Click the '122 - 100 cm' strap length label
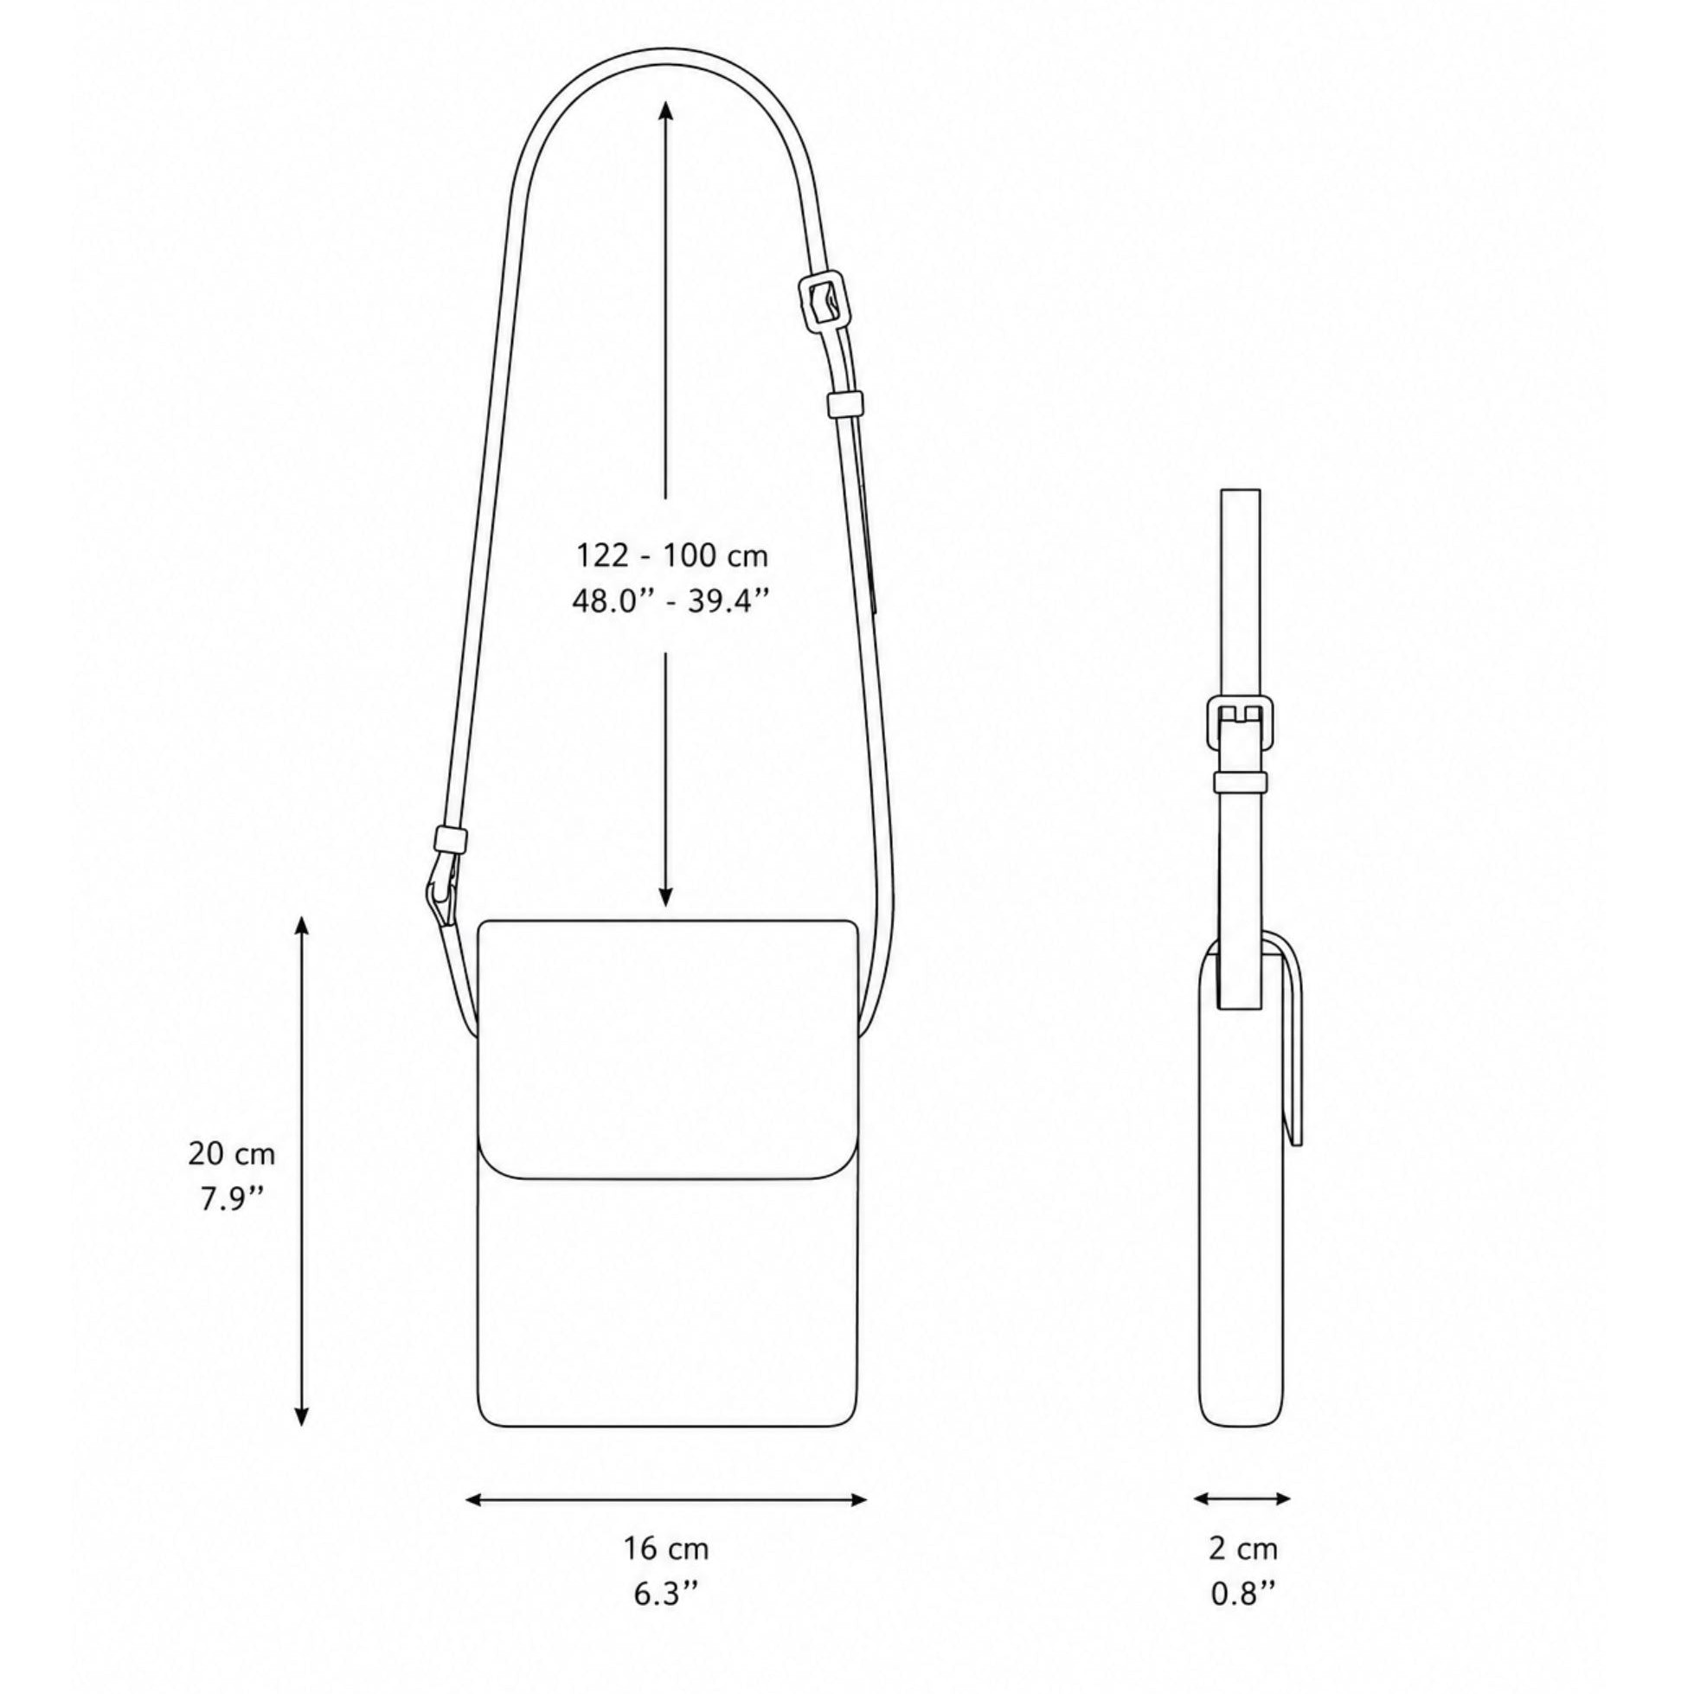tap(671, 555)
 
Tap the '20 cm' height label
tap(232, 1153)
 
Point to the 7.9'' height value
tap(232, 1198)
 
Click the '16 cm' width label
tap(666, 1548)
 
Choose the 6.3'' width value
tap(666, 1593)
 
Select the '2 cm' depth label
tap(1243, 1548)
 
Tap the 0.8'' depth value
tap(1243, 1593)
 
